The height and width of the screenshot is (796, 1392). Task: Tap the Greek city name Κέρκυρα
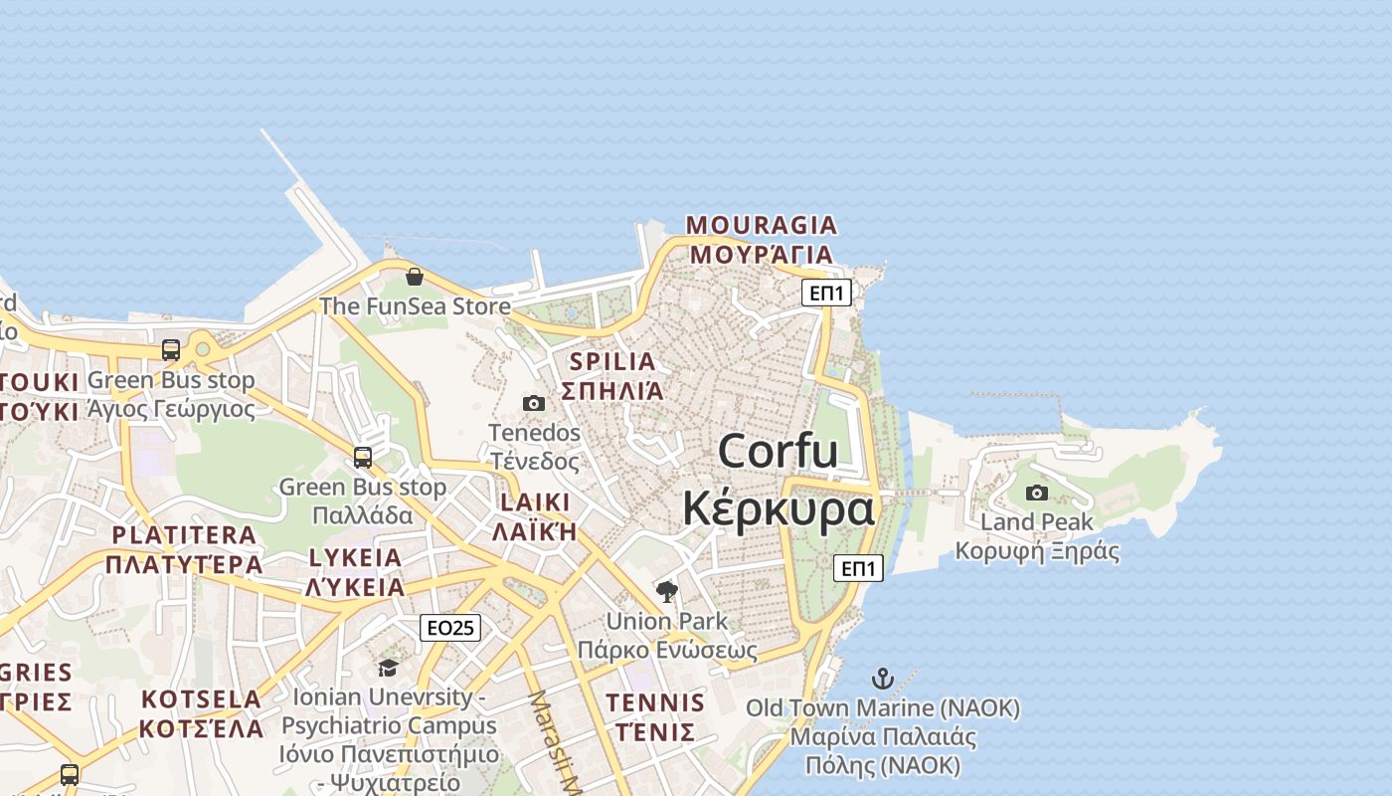tap(779, 508)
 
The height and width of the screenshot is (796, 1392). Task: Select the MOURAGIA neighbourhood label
tap(762, 226)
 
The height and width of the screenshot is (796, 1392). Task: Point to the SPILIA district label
tap(612, 362)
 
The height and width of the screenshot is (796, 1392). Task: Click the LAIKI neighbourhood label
tap(535, 502)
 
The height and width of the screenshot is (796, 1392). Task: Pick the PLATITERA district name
tap(184, 535)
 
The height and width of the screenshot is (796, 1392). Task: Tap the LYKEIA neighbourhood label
tap(355, 558)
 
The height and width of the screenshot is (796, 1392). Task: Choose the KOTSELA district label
tap(202, 699)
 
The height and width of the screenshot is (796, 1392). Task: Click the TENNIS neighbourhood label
tap(655, 703)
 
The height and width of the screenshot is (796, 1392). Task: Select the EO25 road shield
tap(450, 628)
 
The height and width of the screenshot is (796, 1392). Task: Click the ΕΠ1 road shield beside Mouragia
tap(827, 293)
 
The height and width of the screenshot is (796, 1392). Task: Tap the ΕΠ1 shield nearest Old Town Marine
tap(858, 568)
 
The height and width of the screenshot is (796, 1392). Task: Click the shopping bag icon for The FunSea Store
tap(415, 276)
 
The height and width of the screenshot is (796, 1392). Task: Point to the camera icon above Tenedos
tap(534, 403)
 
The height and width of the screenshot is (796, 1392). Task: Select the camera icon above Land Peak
tap(1037, 493)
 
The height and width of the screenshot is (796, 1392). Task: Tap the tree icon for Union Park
tap(667, 592)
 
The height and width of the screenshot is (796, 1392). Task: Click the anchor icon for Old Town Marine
tap(882, 679)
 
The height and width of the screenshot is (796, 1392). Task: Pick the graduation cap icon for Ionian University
tap(389, 667)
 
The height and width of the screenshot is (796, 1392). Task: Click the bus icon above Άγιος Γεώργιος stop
tap(171, 350)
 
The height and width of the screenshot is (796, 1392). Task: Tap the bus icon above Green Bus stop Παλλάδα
tap(363, 458)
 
